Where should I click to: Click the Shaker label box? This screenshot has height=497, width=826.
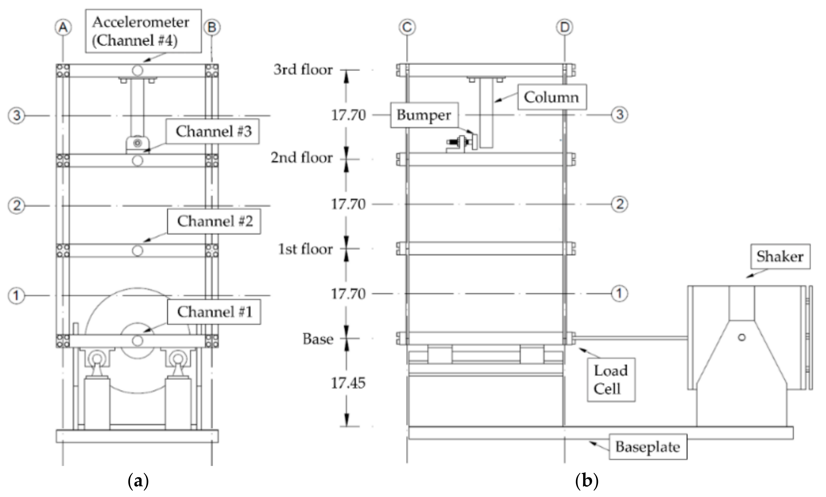tap(780, 256)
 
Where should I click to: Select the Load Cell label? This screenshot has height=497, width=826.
tap(611, 380)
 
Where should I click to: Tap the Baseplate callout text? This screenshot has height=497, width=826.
tap(647, 447)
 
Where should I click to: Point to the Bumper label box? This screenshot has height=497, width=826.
tap(424, 115)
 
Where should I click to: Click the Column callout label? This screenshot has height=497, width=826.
tap(551, 97)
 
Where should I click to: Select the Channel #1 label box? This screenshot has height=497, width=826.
tap(214, 312)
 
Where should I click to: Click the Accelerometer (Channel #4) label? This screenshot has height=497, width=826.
tap(143, 31)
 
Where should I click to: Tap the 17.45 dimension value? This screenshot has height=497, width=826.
tap(348, 383)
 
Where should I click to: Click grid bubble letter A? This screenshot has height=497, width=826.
tap(63, 27)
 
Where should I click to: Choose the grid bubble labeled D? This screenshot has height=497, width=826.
tap(565, 27)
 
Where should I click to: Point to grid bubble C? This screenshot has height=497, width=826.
tap(407, 27)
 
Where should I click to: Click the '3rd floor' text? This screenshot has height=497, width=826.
tap(303, 70)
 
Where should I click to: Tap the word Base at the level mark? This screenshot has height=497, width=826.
tap(318, 339)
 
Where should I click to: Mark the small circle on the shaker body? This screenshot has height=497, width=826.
tap(742, 337)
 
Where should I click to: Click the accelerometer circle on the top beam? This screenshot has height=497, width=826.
tap(137, 70)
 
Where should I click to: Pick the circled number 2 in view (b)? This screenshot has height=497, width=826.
tap(619, 204)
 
